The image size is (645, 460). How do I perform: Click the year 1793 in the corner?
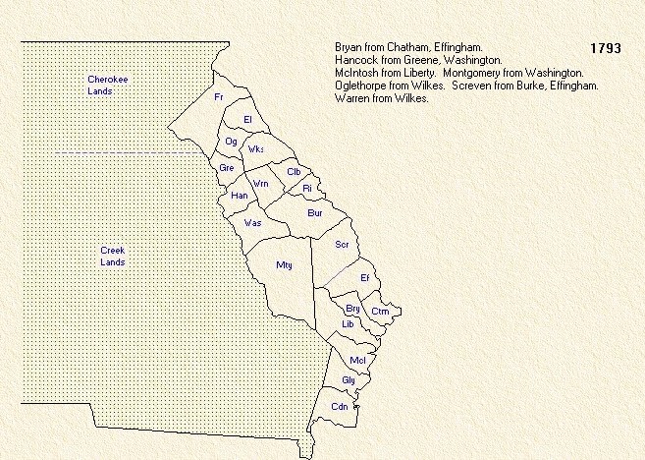click(606, 48)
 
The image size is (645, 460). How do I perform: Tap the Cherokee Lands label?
click(101, 85)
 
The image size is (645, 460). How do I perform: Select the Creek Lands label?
click(113, 256)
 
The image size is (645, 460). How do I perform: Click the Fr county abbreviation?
click(219, 97)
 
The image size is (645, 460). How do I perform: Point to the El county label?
click(248, 119)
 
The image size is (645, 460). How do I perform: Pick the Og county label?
click(232, 142)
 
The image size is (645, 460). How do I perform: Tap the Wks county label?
click(257, 149)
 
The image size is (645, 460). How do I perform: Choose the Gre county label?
click(227, 168)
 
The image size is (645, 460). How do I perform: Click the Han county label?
click(239, 195)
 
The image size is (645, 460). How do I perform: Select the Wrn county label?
click(261, 184)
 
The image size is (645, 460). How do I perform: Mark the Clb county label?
click(293, 172)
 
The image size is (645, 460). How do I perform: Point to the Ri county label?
click(307, 187)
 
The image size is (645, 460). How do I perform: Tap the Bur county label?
click(314, 212)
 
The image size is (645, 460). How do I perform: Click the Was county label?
click(252, 222)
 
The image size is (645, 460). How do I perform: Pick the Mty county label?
click(285, 264)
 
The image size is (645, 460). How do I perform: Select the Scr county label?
click(342, 244)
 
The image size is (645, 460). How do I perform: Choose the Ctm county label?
click(380, 312)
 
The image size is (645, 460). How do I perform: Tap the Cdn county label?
click(340, 406)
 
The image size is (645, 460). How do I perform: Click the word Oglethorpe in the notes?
click(361, 86)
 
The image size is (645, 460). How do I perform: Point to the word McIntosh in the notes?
click(357, 73)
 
